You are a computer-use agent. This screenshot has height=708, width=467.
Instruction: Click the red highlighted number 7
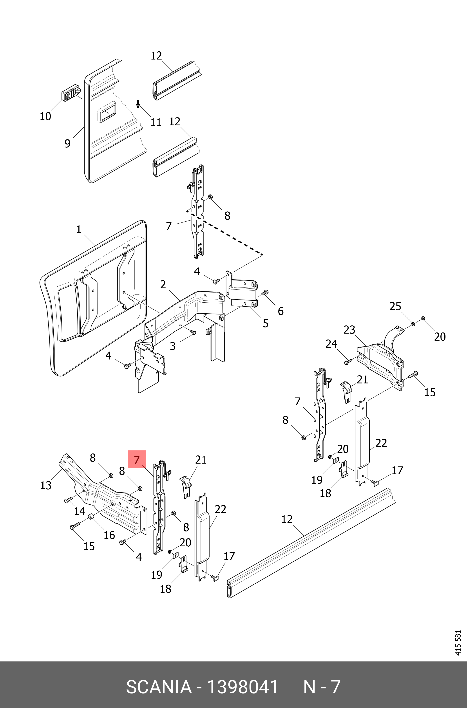(137, 459)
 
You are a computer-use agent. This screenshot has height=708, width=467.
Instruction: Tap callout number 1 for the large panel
(79, 229)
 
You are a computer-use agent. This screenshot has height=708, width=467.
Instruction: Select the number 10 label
(45, 116)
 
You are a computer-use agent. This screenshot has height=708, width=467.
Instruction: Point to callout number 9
(68, 143)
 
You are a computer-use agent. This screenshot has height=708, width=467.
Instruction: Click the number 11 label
(156, 122)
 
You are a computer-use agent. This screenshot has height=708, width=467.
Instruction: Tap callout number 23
(349, 330)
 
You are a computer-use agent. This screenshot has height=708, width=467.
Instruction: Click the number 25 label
(395, 306)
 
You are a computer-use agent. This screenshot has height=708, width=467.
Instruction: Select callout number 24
(331, 344)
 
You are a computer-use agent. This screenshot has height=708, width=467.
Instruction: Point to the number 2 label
(163, 285)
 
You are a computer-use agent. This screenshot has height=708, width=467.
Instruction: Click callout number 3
(172, 346)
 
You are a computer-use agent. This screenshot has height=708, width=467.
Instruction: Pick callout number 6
(281, 311)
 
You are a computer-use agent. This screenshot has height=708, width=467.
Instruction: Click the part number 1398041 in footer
(242, 687)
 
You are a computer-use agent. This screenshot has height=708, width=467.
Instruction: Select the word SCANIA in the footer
(159, 687)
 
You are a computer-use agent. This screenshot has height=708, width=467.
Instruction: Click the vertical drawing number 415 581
(458, 643)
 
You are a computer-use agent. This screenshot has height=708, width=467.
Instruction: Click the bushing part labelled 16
(91, 517)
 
